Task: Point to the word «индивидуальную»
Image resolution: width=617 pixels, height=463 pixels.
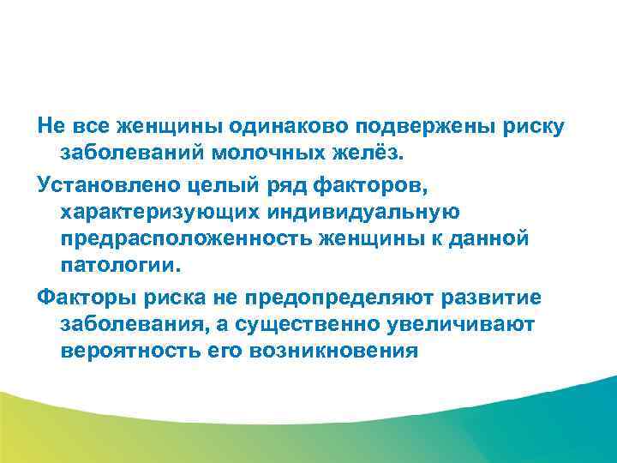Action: tap(363, 212)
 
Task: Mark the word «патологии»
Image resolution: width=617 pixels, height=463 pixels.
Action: tap(115, 268)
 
